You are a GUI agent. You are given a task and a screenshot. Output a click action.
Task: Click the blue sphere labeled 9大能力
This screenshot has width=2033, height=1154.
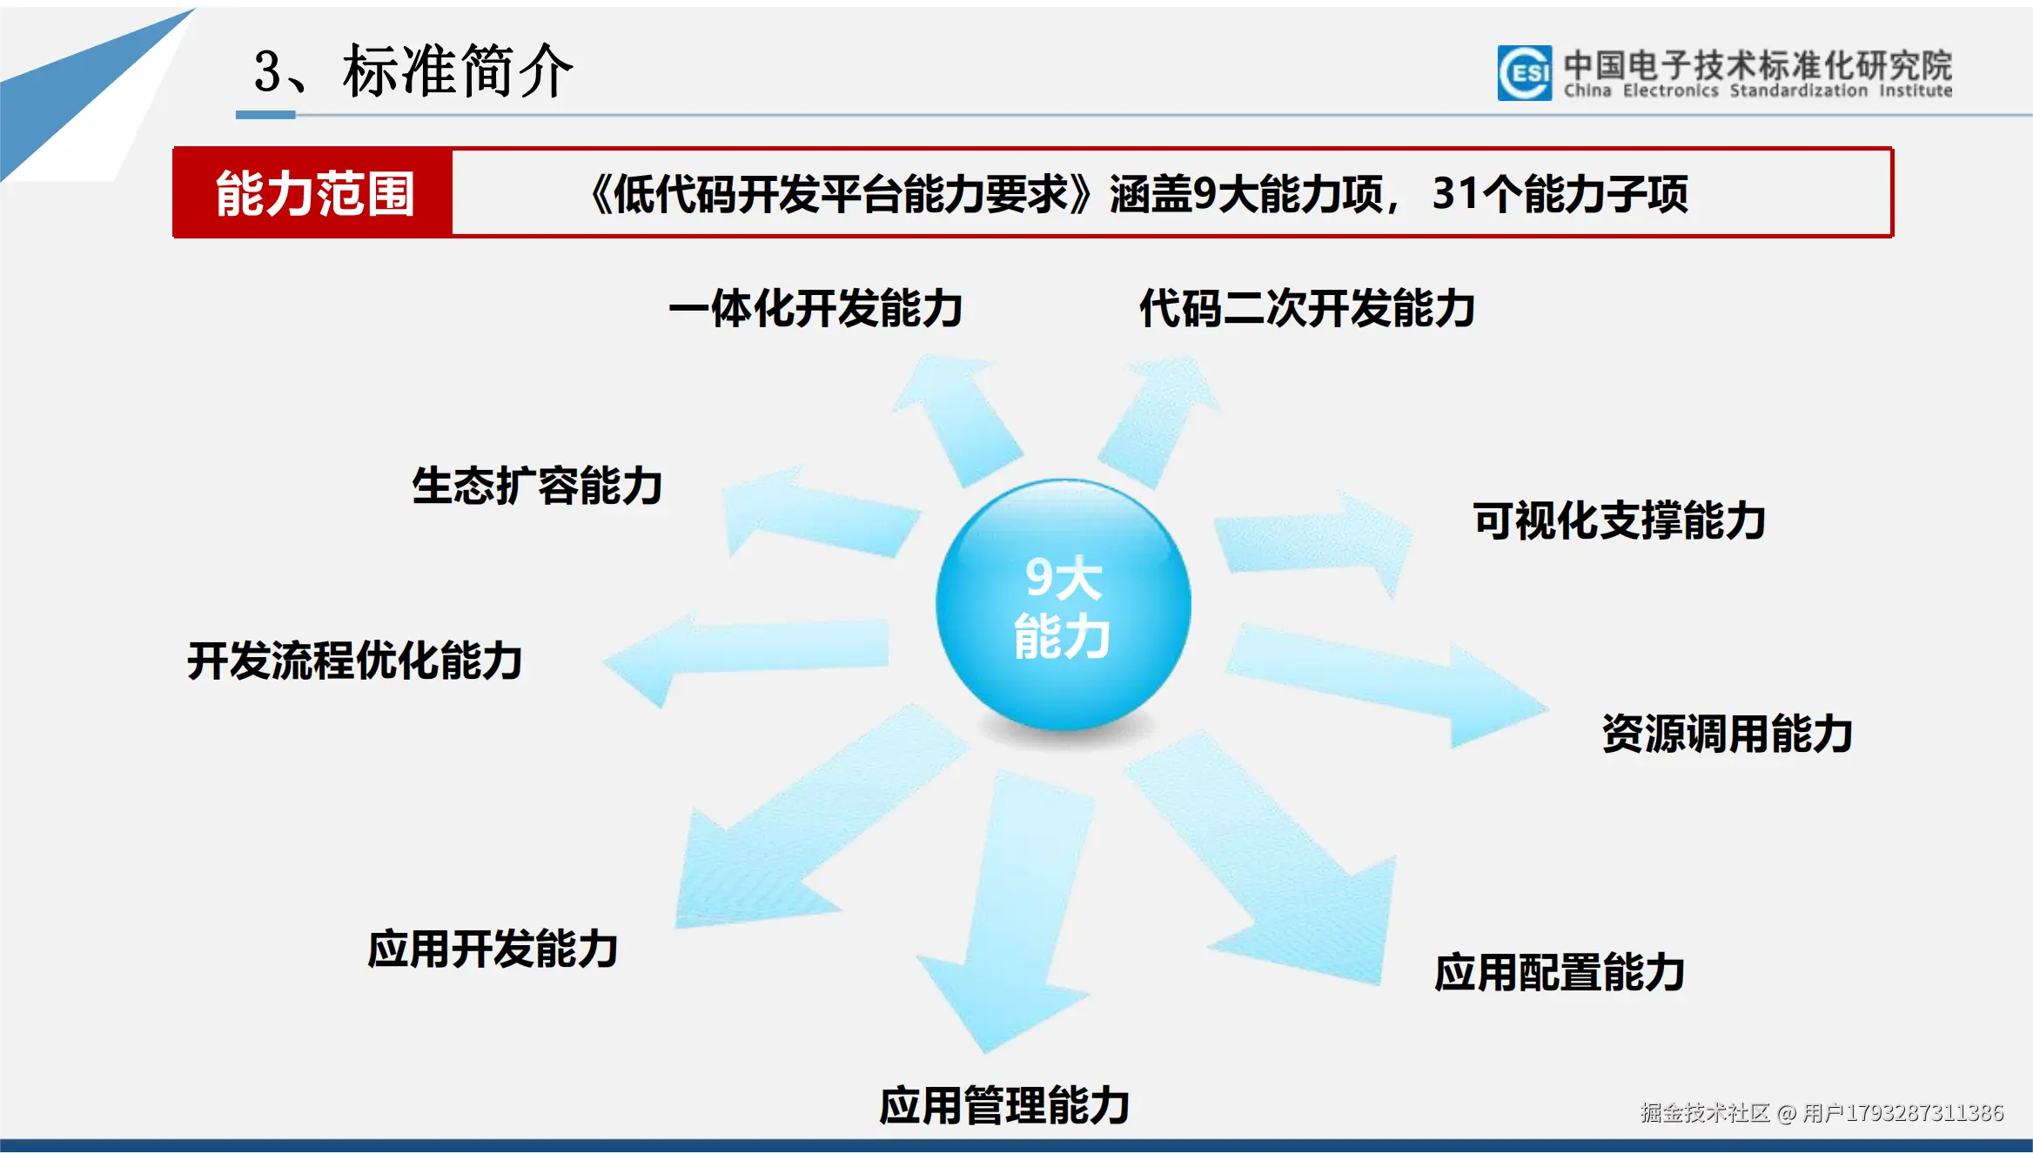pos(1063,605)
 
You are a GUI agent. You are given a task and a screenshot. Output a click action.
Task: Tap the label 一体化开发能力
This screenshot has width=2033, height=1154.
pos(815,309)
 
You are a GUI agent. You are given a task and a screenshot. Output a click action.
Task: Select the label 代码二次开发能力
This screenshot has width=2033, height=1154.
pos(1306,309)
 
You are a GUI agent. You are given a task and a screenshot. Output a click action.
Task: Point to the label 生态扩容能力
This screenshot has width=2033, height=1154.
pos(537,486)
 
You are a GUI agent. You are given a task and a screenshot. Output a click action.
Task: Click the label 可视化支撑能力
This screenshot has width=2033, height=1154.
pos(1619,521)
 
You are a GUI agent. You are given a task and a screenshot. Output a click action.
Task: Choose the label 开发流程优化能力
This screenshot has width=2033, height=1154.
pos(355,661)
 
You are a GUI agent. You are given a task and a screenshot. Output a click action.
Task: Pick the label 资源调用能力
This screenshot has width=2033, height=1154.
pos(1727,734)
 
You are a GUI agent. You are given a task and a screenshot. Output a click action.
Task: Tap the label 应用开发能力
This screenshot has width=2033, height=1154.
pos(493,949)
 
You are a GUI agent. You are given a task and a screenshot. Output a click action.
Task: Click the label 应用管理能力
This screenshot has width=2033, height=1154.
pos(1004,1106)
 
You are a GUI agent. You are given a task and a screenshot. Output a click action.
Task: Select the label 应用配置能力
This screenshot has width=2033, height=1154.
pos(1560,972)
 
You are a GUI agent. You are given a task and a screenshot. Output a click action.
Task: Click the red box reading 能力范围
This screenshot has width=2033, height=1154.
pos(313,193)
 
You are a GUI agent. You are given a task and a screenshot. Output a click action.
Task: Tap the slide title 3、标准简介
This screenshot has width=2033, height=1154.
pos(413,71)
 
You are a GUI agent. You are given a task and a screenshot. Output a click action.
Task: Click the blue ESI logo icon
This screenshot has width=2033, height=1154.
pos(1524,73)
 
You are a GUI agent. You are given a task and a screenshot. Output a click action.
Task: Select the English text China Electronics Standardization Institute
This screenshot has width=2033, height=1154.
pos(1757,91)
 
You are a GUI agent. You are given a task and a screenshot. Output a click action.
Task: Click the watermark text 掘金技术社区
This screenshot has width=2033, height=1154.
pos(1704,1113)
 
